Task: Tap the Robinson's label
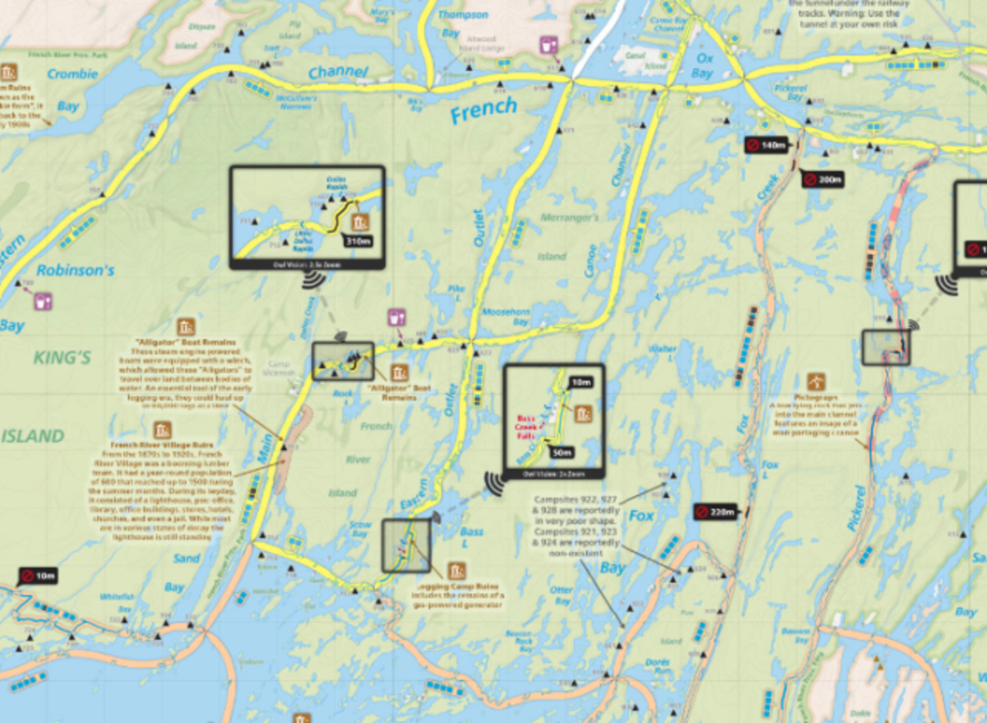(x=75, y=269)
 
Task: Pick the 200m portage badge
(x=824, y=179)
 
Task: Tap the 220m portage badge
(x=716, y=512)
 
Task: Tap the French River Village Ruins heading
(x=163, y=446)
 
